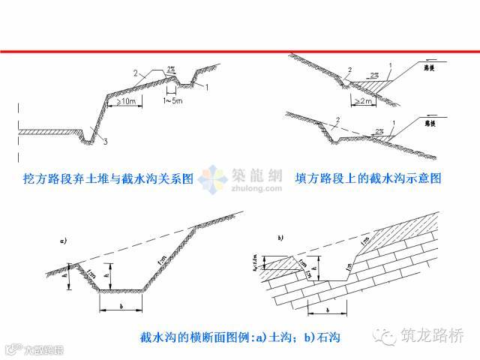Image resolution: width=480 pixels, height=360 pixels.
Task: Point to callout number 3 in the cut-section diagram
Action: [x=106, y=141]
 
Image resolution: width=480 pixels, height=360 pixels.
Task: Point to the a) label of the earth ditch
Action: [x=64, y=241]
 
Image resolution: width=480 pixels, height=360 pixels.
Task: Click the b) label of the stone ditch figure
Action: [x=280, y=238]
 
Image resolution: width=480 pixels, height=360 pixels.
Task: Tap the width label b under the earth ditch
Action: [x=121, y=307]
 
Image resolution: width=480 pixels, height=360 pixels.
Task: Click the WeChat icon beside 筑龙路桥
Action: [x=387, y=337]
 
